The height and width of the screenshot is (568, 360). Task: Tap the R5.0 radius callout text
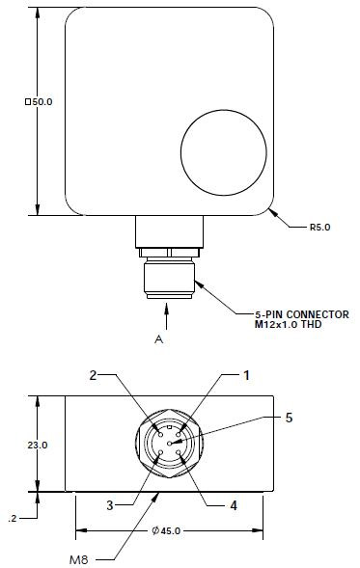point(319,229)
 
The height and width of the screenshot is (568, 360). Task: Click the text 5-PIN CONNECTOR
point(301,314)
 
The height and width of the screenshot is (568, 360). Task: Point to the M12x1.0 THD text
point(291,325)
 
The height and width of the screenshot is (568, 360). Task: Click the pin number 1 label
point(246,374)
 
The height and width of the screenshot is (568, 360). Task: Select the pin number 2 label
point(95,374)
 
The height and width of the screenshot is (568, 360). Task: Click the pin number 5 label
point(289,418)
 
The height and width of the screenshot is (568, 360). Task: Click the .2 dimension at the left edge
point(12,518)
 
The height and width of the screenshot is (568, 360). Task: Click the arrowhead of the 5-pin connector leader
point(197,282)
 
